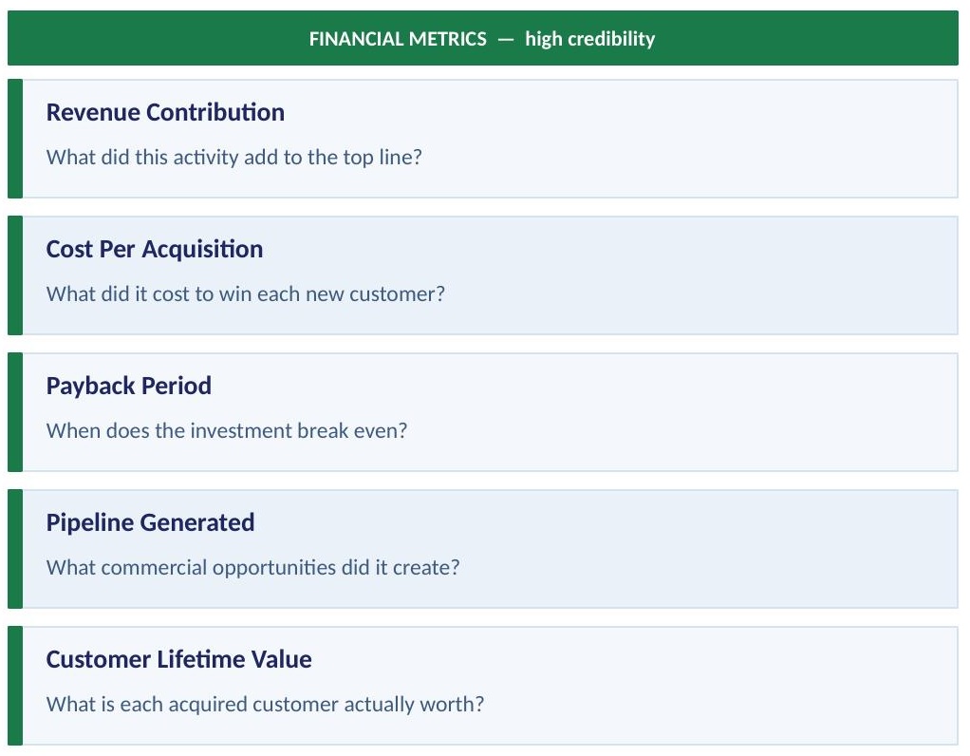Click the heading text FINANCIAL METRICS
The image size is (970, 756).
pos(398,39)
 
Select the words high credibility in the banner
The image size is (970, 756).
pos(589,39)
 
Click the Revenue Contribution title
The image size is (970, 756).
pos(165,112)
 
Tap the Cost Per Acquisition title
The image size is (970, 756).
pos(155,249)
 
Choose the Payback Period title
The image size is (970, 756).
pos(129,386)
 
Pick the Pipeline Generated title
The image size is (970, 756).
pos(150,522)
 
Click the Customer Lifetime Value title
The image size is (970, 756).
pos(178,659)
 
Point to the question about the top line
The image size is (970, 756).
pos(233,157)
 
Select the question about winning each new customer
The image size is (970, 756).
pos(245,293)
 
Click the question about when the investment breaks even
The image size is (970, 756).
pos(226,430)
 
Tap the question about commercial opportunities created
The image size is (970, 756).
pos(252,567)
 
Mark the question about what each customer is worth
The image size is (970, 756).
pos(265,704)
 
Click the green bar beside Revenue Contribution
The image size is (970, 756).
pos(14,139)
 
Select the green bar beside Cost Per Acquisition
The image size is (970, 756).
pos(14,275)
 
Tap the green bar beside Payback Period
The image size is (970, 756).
pos(14,412)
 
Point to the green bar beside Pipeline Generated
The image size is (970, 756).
pos(14,549)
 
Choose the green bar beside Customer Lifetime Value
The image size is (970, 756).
pos(14,686)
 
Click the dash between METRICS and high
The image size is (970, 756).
pos(506,39)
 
